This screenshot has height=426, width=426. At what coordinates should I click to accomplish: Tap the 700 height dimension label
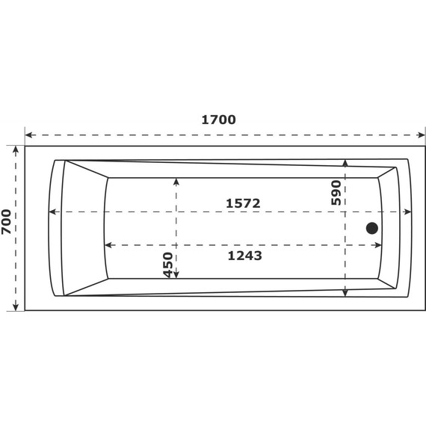point(7,222)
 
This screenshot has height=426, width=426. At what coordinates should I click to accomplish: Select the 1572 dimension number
point(244,203)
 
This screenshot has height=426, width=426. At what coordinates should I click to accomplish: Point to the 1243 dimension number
point(244,256)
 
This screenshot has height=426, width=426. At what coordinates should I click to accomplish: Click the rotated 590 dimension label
point(336,193)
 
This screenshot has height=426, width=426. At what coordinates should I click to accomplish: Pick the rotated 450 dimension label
point(168,265)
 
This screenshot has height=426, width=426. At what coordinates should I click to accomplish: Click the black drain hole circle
point(371,229)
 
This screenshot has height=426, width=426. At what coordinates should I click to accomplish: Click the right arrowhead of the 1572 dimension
point(407,212)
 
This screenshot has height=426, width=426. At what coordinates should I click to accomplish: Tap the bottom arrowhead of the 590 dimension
point(345,293)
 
